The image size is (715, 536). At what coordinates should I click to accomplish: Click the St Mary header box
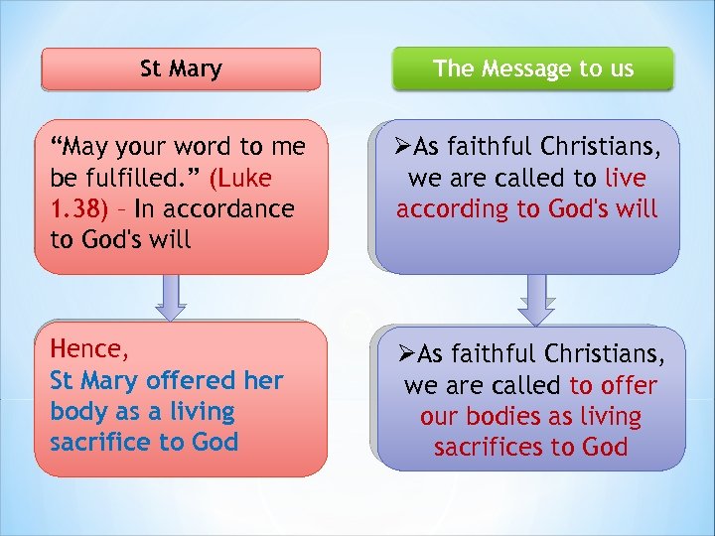pyautogui.click(x=181, y=69)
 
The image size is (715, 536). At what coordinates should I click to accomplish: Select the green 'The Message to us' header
pyautogui.click(x=532, y=68)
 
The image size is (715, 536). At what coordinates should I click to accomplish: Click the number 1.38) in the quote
pyautogui.click(x=81, y=209)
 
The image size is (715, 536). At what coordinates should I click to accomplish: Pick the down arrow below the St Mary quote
pyautogui.click(x=171, y=297)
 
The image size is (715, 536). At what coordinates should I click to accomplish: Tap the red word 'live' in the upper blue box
pyautogui.click(x=624, y=179)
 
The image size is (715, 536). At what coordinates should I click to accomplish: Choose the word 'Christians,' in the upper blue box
pyautogui.click(x=599, y=148)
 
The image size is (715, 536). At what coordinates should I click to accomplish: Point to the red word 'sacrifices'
pyautogui.click(x=493, y=448)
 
